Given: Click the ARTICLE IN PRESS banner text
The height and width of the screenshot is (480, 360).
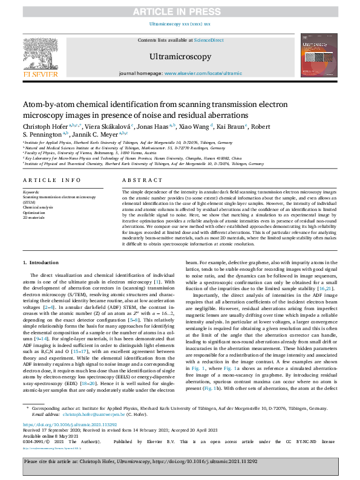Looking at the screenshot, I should tap(180, 10).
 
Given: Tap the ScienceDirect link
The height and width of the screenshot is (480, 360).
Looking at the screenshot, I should tap(208, 40).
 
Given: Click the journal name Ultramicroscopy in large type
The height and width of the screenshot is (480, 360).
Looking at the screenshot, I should tap(180, 57).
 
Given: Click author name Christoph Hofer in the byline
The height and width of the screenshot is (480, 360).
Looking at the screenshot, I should tap(45, 126).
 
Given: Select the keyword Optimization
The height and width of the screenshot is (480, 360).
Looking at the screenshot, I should tap(35, 212).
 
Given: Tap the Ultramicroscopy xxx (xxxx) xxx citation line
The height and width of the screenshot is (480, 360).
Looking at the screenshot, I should tap(180, 24).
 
